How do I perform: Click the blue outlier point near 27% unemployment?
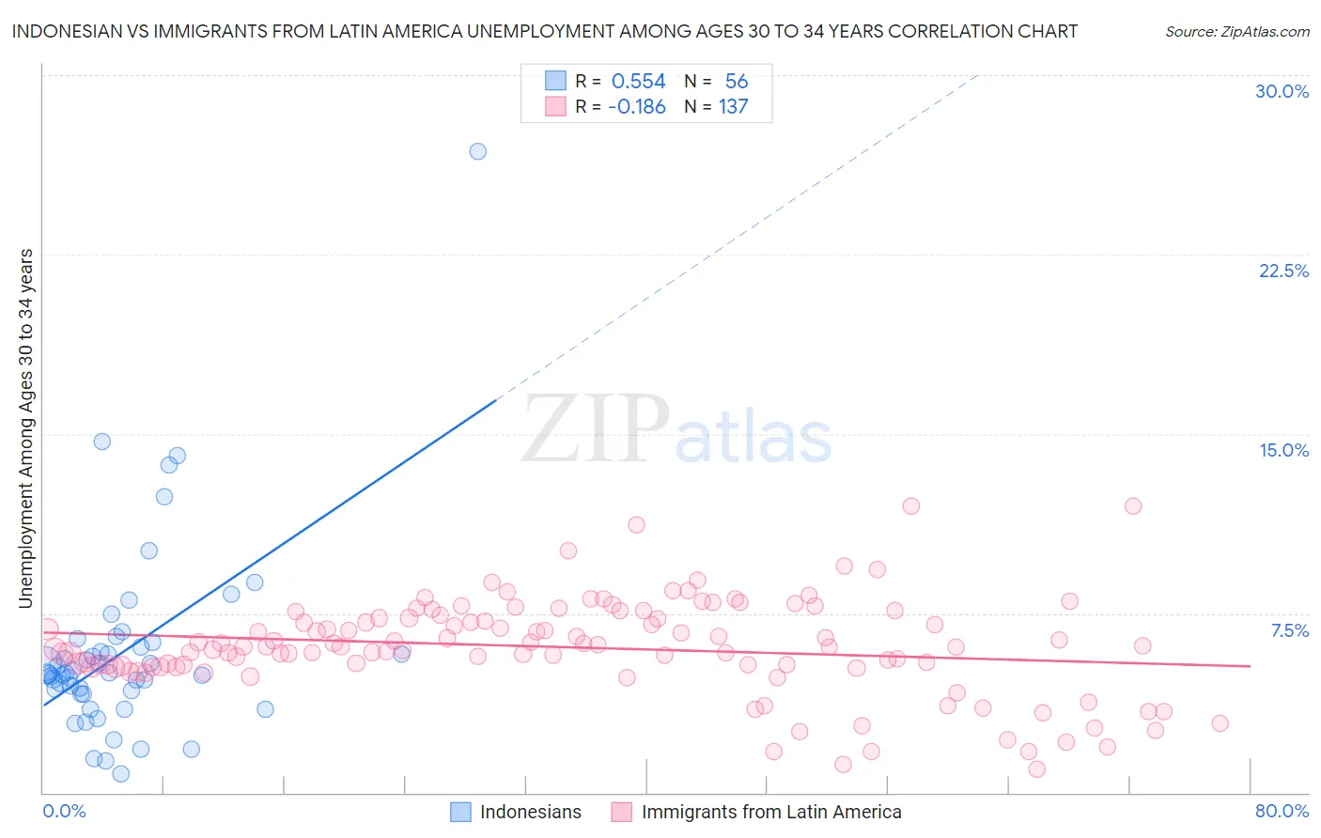[x=478, y=151]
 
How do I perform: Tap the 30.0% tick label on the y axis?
[x=1282, y=91]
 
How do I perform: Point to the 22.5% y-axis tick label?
[x=1283, y=271]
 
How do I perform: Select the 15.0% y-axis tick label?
[x=1283, y=450]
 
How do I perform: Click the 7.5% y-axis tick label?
[x=1289, y=630]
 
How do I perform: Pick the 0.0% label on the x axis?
[x=64, y=811]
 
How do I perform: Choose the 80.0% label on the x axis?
[x=1282, y=811]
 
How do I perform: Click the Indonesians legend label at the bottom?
[x=530, y=813]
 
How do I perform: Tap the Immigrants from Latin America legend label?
[x=770, y=813]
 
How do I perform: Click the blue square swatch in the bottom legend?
[x=460, y=813]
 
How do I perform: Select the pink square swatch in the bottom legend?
[x=622, y=813]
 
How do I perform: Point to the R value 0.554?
[x=638, y=82]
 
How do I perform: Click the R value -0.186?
[x=637, y=107]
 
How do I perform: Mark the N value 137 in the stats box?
[x=734, y=107]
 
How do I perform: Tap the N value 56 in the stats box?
[x=737, y=82]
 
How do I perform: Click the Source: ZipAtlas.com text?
[x=1236, y=32]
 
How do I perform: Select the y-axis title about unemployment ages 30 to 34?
[x=26, y=428]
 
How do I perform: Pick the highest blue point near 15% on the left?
[x=102, y=442]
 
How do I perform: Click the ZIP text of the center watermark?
[x=596, y=429]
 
